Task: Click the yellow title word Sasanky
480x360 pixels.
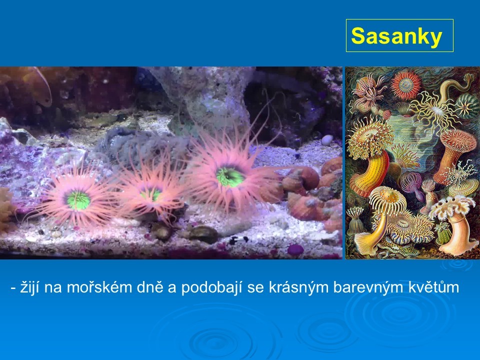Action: [x=396, y=36]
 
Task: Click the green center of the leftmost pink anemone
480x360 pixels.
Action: [x=78, y=200]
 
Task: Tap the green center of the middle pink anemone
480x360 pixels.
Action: [x=151, y=194]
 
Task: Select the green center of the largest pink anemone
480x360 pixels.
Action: [x=230, y=177]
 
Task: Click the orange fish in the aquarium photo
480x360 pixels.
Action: [x=36, y=85]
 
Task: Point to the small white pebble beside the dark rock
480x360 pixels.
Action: [x=327, y=140]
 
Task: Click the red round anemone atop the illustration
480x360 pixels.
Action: [x=406, y=84]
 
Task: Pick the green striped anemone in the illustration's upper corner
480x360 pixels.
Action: [x=467, y=106]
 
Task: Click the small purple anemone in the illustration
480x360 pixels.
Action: [x=412, y=183]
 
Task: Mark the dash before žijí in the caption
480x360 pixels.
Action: [x=13, y=288]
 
